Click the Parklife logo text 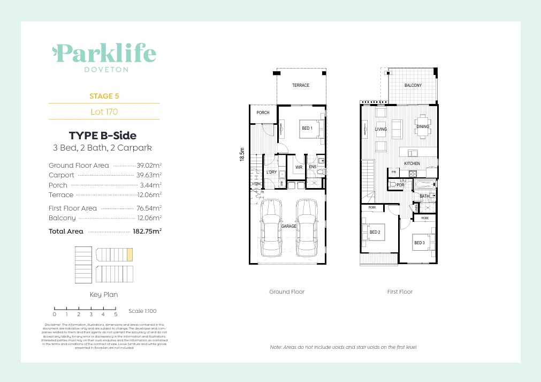(x=105, y=54)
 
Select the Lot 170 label (x=104, y=112)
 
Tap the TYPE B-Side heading (x=103, y=136)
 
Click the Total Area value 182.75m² (x=147, y=231)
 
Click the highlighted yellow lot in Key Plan (x=129, y=254)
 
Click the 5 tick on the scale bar (x=116, y=314)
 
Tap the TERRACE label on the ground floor (x=300, y=85)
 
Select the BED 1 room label (x=307, y=128)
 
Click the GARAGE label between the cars (x=289, y=227)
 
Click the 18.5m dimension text (x=242, y=156)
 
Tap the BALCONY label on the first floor (x=413, y=85)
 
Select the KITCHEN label (x=412, y=163)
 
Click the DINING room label (x=423, y=127)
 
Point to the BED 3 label (x=419, y=243)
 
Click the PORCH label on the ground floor (x=263, y=113)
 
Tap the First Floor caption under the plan (x=400, y=292)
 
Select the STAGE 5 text (x=104, y=96)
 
